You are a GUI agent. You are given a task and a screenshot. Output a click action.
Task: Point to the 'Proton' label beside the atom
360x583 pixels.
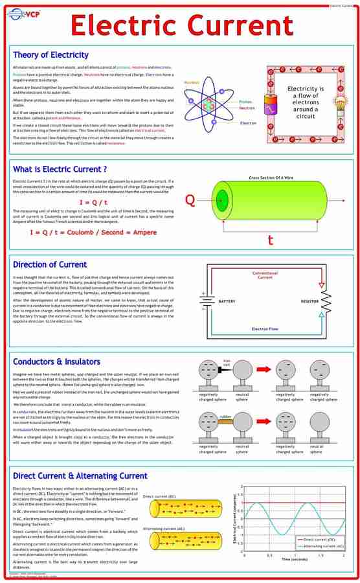[245, 102]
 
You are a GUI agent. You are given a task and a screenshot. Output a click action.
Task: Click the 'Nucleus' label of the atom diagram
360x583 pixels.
[192, 83]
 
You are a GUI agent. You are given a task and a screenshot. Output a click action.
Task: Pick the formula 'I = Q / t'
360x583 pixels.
[93, 203]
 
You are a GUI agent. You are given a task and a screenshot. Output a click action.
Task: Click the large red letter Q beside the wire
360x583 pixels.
[190, 200]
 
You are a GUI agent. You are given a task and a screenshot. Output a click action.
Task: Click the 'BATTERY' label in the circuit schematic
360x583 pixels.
[227, 301]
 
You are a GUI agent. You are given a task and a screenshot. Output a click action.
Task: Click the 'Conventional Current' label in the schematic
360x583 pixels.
[265, 275]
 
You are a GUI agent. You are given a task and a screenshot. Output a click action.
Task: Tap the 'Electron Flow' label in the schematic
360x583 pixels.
[265, 329]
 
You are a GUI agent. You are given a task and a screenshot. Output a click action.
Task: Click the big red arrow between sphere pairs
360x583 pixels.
[263, 369]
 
